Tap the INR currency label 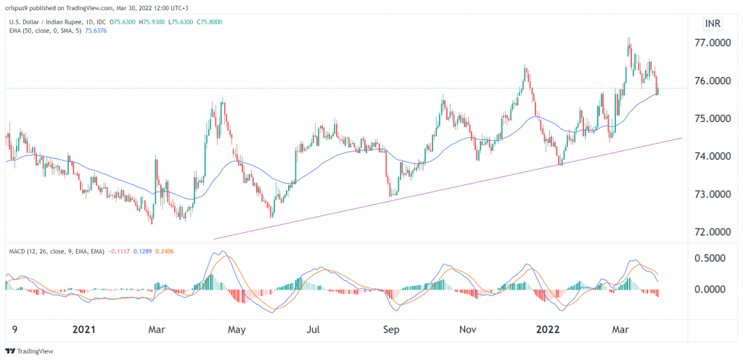click(x=713, y=23)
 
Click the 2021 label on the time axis click(x=86, y=329)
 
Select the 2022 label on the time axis click(x=546, y=329)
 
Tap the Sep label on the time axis click(x=392, y=329)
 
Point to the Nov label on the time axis click(x=467, y=329)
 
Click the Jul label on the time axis click(x=313, y=329)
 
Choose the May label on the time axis click(x=237, y=329)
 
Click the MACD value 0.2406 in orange click(x=163, y=250)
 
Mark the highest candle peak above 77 click(x=628, y=38)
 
